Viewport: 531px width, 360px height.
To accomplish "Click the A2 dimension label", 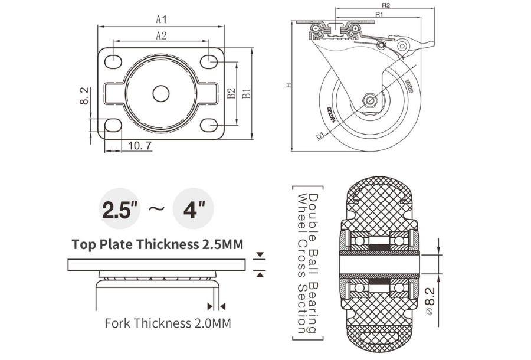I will click(161, 35).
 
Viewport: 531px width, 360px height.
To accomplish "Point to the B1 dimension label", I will click(247, 93).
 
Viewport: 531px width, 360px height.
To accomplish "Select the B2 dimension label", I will click(231, 93).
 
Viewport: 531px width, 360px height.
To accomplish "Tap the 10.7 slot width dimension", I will click(139, 145).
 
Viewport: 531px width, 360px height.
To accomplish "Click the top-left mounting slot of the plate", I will click(113, 60).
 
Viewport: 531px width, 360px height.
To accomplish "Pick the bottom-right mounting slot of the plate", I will click(209, 125).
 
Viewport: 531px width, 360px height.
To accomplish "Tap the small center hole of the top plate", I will click(161, 93).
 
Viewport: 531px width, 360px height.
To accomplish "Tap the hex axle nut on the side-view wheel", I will click(371, 100).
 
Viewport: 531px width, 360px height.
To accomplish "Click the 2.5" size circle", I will click(120, 210).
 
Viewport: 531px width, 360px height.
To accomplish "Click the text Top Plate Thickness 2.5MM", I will click(157, 244).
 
